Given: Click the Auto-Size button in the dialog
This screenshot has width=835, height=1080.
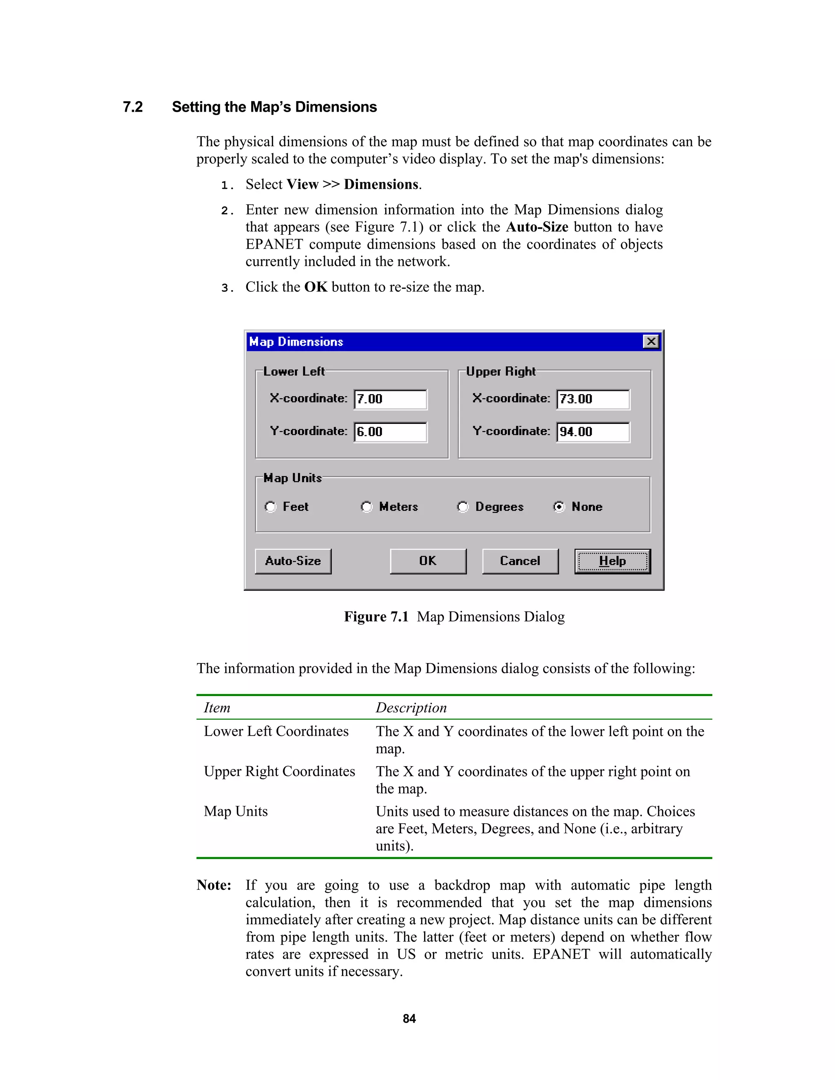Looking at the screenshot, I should coord(293,561).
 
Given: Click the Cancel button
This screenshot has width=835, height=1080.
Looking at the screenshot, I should coord(520,561).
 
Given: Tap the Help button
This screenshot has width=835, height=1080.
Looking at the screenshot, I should coord(612,561).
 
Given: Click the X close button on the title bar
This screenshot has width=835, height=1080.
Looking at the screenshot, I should coord(651,341).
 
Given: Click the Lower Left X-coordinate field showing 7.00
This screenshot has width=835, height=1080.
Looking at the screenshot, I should coord(390,399).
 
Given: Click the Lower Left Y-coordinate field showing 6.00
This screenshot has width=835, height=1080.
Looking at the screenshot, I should coord(390,432).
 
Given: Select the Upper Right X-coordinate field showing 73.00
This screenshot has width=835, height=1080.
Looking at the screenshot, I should coord(593,399).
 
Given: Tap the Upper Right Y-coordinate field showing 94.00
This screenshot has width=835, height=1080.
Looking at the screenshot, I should coord(593,432).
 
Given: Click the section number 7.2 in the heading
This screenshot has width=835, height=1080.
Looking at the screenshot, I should coord(133,107).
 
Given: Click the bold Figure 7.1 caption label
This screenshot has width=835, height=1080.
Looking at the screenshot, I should coord(376,617).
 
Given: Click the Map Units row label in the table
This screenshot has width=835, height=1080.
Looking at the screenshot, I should coord(236,811).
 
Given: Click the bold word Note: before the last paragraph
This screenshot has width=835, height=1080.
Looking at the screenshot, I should coord(214,885).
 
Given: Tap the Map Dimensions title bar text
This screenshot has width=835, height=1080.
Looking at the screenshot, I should coord(296,342).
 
